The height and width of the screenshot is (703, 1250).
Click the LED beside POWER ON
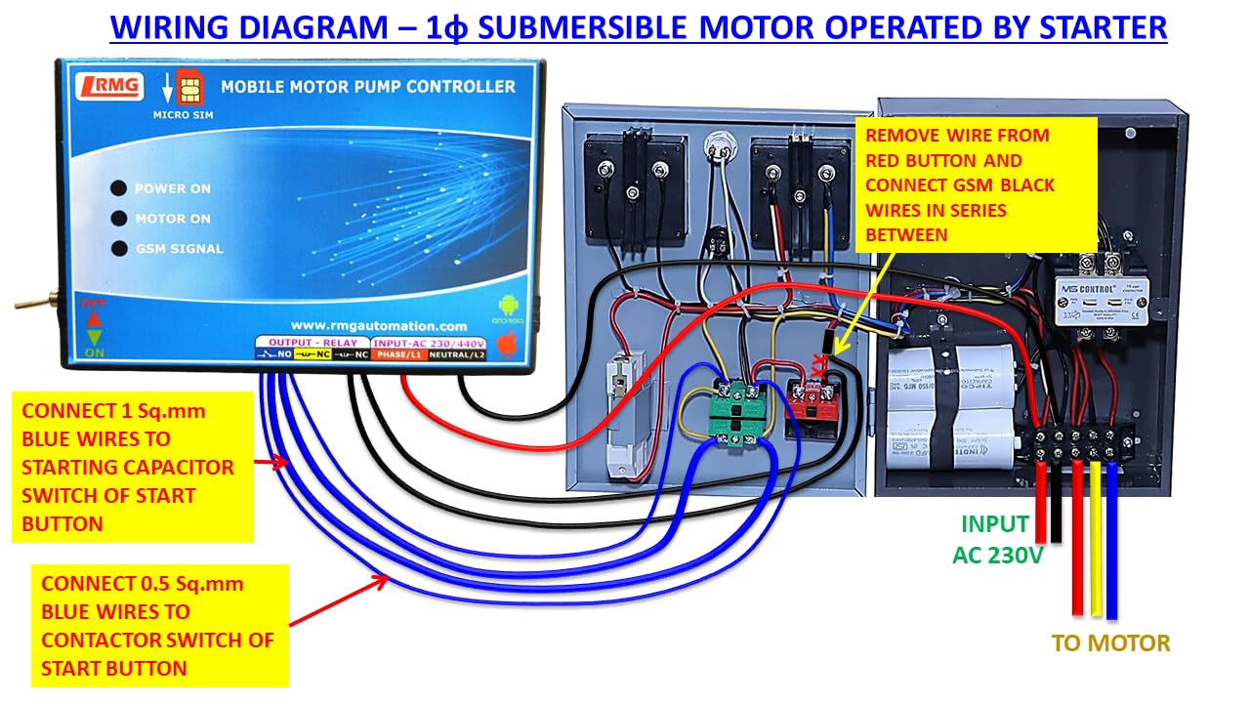118,188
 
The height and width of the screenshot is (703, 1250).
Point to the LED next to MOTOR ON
118,219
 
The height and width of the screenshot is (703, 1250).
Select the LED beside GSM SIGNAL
118,248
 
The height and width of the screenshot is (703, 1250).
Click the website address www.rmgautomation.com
379,325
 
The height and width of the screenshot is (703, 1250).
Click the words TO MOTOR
1110,642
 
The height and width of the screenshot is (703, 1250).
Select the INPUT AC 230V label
997,539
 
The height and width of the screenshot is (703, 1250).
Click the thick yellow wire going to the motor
1095,547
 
